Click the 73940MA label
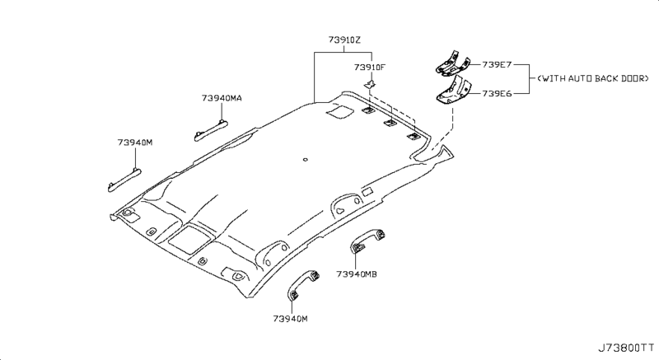point(221,98)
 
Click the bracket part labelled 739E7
point(451,63)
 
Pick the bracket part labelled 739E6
point(451,91)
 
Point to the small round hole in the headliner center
point(305,160)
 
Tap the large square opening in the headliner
point(186,238)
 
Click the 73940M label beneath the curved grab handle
point(292,318)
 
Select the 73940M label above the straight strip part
point(134,143)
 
